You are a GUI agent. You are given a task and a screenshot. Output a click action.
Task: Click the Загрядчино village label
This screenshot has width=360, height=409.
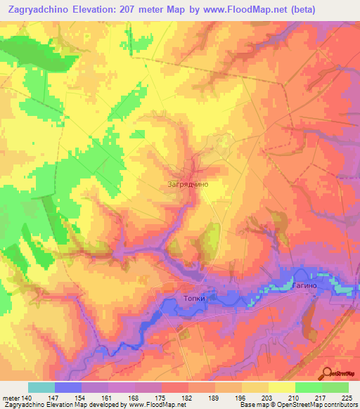[x=188, y=184]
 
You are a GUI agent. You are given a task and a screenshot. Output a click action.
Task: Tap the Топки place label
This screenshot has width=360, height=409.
[x=194, y=298]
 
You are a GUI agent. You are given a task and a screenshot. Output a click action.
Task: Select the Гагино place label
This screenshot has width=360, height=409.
[x=305, y=287]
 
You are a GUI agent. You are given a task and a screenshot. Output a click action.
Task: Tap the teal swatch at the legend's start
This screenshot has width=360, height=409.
[x=41, y=387]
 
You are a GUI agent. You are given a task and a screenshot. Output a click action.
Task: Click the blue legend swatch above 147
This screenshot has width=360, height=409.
[x=68, y=387]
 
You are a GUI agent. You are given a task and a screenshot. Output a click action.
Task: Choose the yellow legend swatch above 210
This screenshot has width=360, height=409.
[x=282, y=387]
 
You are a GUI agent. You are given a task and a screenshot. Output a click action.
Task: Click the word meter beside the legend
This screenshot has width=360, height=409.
[x=11, y=397]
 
